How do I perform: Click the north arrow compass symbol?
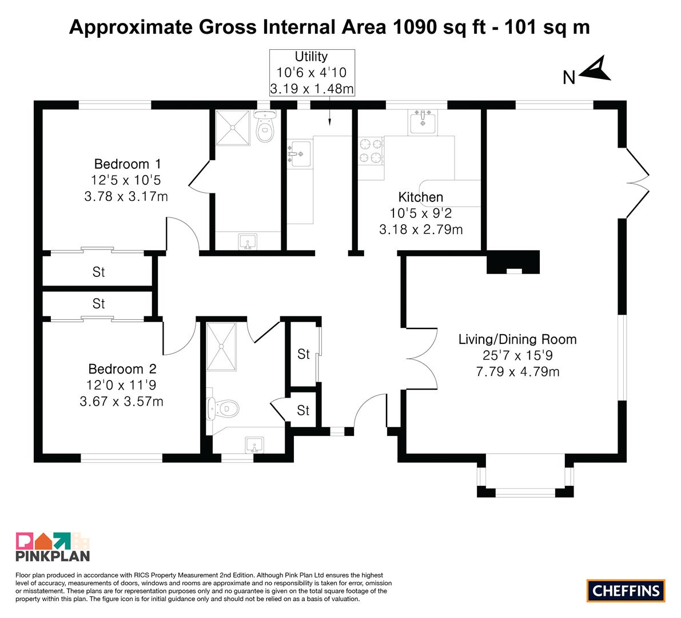(596, 70)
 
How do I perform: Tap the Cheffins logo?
(626, 591)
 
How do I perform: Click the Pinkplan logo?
(53, 546)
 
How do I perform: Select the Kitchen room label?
(420, 197)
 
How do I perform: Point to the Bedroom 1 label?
(128, 164)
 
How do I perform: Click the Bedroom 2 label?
(122, 369)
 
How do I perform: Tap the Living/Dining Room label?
(517, 339)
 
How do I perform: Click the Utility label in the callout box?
(311, 57)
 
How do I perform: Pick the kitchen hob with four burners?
(371, 150)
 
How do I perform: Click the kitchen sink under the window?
(422, 122)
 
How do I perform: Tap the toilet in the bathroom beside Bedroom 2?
(222, 409)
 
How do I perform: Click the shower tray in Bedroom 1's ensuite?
(233, 127)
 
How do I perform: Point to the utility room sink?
(300, 153)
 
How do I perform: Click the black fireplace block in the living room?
(513, 262)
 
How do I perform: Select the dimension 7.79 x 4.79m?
(517, 372)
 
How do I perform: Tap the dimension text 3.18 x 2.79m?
(421, 229)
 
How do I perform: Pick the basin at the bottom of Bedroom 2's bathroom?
(254, 445)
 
